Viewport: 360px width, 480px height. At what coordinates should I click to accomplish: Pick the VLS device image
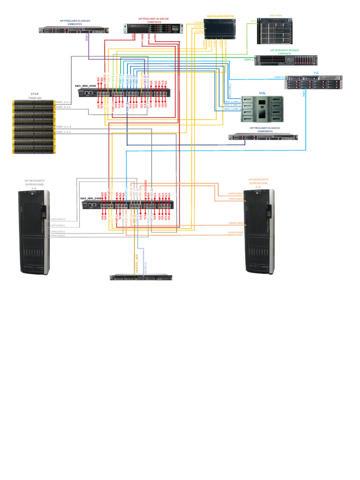[x=313, y=82]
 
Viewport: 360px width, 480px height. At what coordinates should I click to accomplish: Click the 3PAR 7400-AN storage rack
[x=34, y=127]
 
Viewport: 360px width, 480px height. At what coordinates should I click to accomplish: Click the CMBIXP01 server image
[x=74, y=30]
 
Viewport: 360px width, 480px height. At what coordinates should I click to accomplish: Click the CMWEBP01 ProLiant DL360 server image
[x=263, y=137]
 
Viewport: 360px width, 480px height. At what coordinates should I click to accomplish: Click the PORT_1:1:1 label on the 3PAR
[x=63, y=132]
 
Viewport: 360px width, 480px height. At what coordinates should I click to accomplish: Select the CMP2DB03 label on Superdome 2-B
[x=57, y=219]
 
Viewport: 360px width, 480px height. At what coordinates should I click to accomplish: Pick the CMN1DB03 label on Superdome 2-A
[x=235, y=223]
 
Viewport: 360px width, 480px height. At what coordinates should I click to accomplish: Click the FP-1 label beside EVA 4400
[x=254, y=21]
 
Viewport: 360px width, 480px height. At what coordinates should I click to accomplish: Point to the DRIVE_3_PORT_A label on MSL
[x=232, y=109]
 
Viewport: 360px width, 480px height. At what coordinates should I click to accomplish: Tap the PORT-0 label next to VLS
[x=279, y=77]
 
